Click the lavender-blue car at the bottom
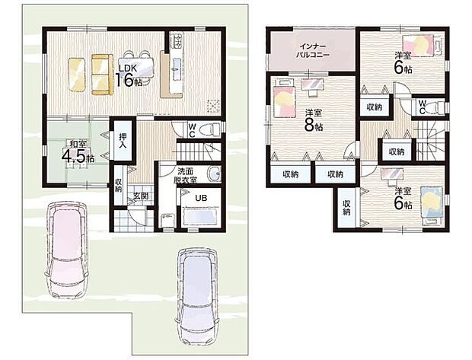click(x=198, y=297)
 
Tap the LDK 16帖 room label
click(x=128, y=76)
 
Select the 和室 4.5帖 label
click(x=78, y=153)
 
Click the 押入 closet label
click(x=123, y=140)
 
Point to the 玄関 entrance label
click(x=141, y=196)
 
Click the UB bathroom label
click(x=201, y=199)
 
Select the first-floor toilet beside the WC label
click(x=212, y=129)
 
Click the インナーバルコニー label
click(x=312, y=50)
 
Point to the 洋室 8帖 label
click(x=314, y=120)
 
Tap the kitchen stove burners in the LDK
click(x=177, y=41)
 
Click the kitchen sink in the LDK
click(x=176, y=69)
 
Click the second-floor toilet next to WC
click(x=438, y=107)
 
